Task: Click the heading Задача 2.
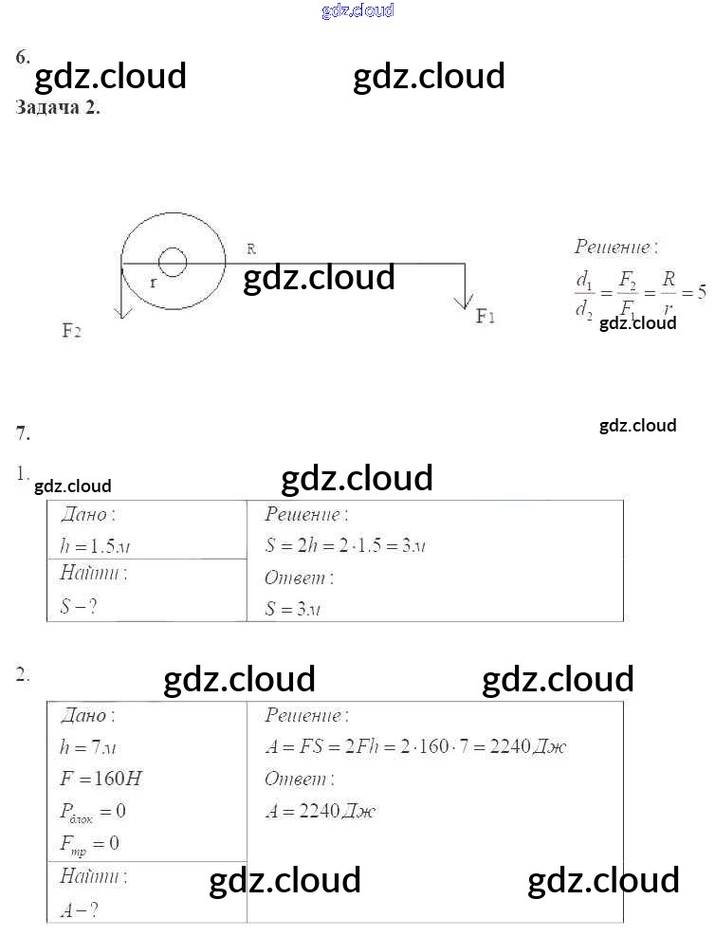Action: (58, 107)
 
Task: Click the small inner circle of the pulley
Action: (173, 262)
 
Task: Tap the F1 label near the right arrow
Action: (486, 317)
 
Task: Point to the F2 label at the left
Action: (71, 331)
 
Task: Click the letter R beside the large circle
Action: (251, 248)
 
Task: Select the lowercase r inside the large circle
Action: (153, 283)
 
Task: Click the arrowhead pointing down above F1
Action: (464, 302)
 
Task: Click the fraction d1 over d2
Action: (584, 294)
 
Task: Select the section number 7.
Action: (23, 434)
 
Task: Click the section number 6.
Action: (22, 57)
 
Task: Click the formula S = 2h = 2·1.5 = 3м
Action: (343, 546)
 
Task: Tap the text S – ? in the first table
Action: (79, 607)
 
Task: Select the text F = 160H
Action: (101, 780)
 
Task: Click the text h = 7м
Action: (88, 747)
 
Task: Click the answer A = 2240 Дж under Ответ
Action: (321, 812)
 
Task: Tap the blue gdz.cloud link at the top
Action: (357, 10)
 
